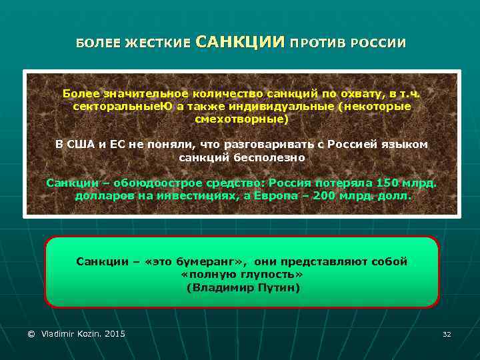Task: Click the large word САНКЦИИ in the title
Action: (x=241, y=43)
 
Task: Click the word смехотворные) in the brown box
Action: (x=242, y=119)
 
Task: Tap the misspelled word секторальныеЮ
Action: (x=114, y=107)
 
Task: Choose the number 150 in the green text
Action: (x=387, y=183)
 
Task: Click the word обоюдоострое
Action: (x=150, y=183)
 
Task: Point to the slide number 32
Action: (x=447, y=334)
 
